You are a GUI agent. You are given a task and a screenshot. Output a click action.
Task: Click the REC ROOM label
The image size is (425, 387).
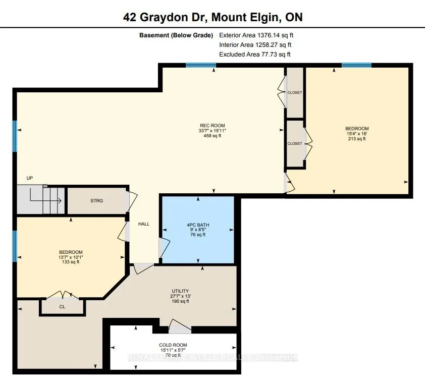[x=212, y=126]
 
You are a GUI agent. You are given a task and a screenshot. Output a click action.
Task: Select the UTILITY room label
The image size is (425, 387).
[x=180, y=291]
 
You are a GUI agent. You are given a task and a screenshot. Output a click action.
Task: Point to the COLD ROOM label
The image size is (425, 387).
[x=173, y=345]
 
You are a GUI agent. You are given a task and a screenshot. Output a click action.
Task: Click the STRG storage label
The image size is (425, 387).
[x=96, y=201]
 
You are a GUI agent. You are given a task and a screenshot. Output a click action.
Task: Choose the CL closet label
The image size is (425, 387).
[x=63, y=306]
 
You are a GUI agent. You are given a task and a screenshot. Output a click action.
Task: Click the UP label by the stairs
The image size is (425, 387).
[x=30, y=178]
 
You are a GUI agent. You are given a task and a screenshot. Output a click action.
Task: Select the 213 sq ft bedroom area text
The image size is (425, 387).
[x=357, y=139]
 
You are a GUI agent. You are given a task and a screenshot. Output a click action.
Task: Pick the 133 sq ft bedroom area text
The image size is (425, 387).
[x=71, y=262]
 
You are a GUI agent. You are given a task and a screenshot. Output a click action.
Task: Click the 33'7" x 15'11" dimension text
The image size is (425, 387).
[x=212, y=131]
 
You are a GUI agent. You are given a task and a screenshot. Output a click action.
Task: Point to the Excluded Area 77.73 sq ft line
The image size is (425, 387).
[x=255, y=54]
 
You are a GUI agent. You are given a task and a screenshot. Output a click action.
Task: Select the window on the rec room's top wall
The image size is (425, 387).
[x=200, y=65]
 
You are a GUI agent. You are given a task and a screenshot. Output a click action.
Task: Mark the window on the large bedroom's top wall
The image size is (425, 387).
[x=356, y=65]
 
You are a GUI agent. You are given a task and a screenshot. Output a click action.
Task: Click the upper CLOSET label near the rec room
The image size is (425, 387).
[x=294, y=93]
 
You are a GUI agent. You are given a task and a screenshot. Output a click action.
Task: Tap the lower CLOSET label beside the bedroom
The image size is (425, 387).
[x=294, y=143]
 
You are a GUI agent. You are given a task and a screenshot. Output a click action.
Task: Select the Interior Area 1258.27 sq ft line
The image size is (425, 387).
[x=255, y=45]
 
